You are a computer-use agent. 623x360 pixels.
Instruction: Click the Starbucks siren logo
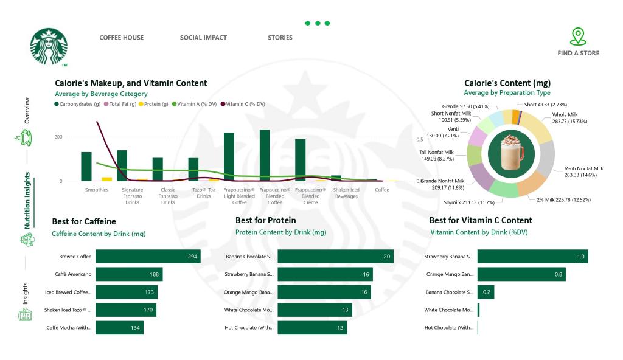(49, 46)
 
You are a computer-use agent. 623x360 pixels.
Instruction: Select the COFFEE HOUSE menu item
(122, 38)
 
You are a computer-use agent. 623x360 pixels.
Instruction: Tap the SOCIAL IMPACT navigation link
(203, 38)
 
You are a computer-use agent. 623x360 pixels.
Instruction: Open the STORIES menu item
(280, 38)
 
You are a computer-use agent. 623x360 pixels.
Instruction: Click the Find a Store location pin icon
(578, 36)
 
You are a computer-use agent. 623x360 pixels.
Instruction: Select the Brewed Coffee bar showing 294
(148, 257)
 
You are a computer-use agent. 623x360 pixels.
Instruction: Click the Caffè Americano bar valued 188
(129, 274)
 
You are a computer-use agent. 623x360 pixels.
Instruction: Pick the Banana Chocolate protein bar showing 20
(335, 257)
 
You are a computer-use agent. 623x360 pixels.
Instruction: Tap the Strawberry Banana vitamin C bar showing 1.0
(532, 257)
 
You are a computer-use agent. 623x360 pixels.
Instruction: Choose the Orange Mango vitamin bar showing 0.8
(521, 274)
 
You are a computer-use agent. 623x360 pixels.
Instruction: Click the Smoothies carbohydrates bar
(86, 167)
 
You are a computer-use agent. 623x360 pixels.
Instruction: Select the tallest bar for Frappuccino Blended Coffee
(264, 155)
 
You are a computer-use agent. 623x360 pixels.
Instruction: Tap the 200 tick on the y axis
(58, 137)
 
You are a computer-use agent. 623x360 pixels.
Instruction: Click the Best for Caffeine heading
(84, 221)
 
